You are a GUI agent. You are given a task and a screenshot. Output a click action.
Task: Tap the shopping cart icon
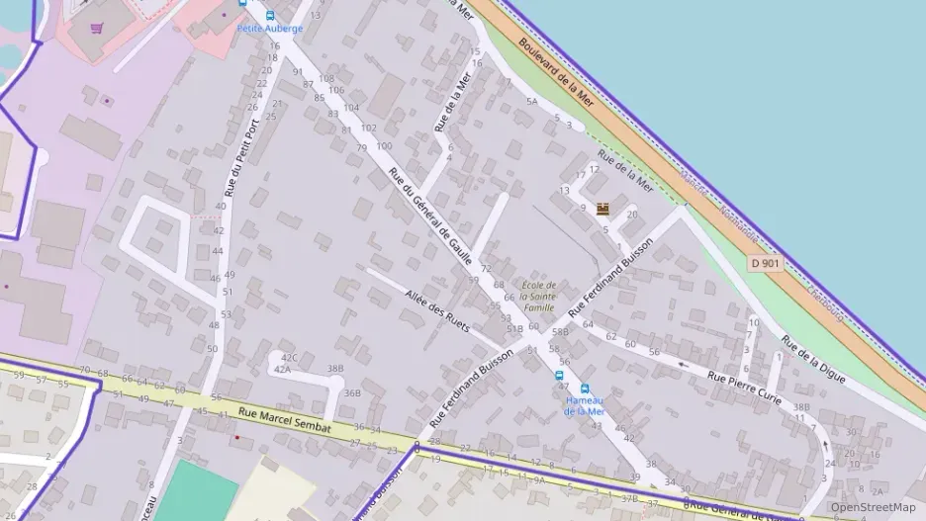pos(96,28)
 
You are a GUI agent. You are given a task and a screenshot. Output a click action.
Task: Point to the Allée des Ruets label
pos(436,309)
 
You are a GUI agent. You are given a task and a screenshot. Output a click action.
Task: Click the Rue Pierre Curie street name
pos(745,388)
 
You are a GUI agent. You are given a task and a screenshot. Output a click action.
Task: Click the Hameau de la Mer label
pos(584,405)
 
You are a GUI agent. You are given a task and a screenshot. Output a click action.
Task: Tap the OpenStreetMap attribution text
pos(874,507)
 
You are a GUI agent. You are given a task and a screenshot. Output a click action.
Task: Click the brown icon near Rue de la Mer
pos(602,209)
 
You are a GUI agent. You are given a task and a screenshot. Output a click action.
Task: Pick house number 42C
pos(289,357)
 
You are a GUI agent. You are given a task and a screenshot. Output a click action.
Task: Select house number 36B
pos(352,392)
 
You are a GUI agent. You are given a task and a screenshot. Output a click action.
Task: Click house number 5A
pos(532,101)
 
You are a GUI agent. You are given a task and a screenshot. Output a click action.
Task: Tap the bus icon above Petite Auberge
pos(269,16)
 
